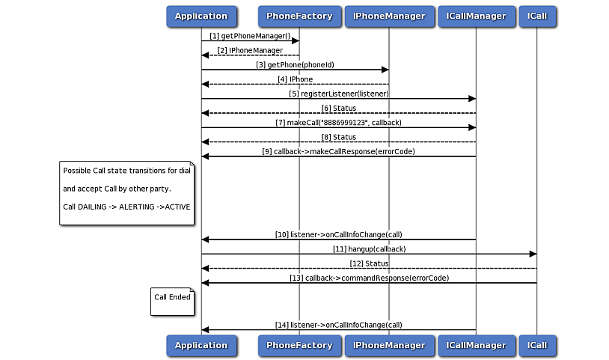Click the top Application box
(201, 16)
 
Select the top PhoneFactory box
(299, 16)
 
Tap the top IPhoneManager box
(388, 16)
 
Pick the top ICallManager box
(476, 16)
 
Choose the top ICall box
(536, 16)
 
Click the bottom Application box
(201, 345)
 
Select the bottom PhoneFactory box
(299, 345)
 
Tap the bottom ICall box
(536, 345)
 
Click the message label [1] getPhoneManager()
(250, 35)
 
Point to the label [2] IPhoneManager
(250, 50)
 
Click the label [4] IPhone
(295, 79)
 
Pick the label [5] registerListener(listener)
(338, 94)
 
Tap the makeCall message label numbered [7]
(338, 122)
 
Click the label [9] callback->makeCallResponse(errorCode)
(338, 151)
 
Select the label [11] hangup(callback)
(369, 248)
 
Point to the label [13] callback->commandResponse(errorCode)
(369, 278)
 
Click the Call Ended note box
(172, 301)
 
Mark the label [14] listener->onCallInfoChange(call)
(338, 325)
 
